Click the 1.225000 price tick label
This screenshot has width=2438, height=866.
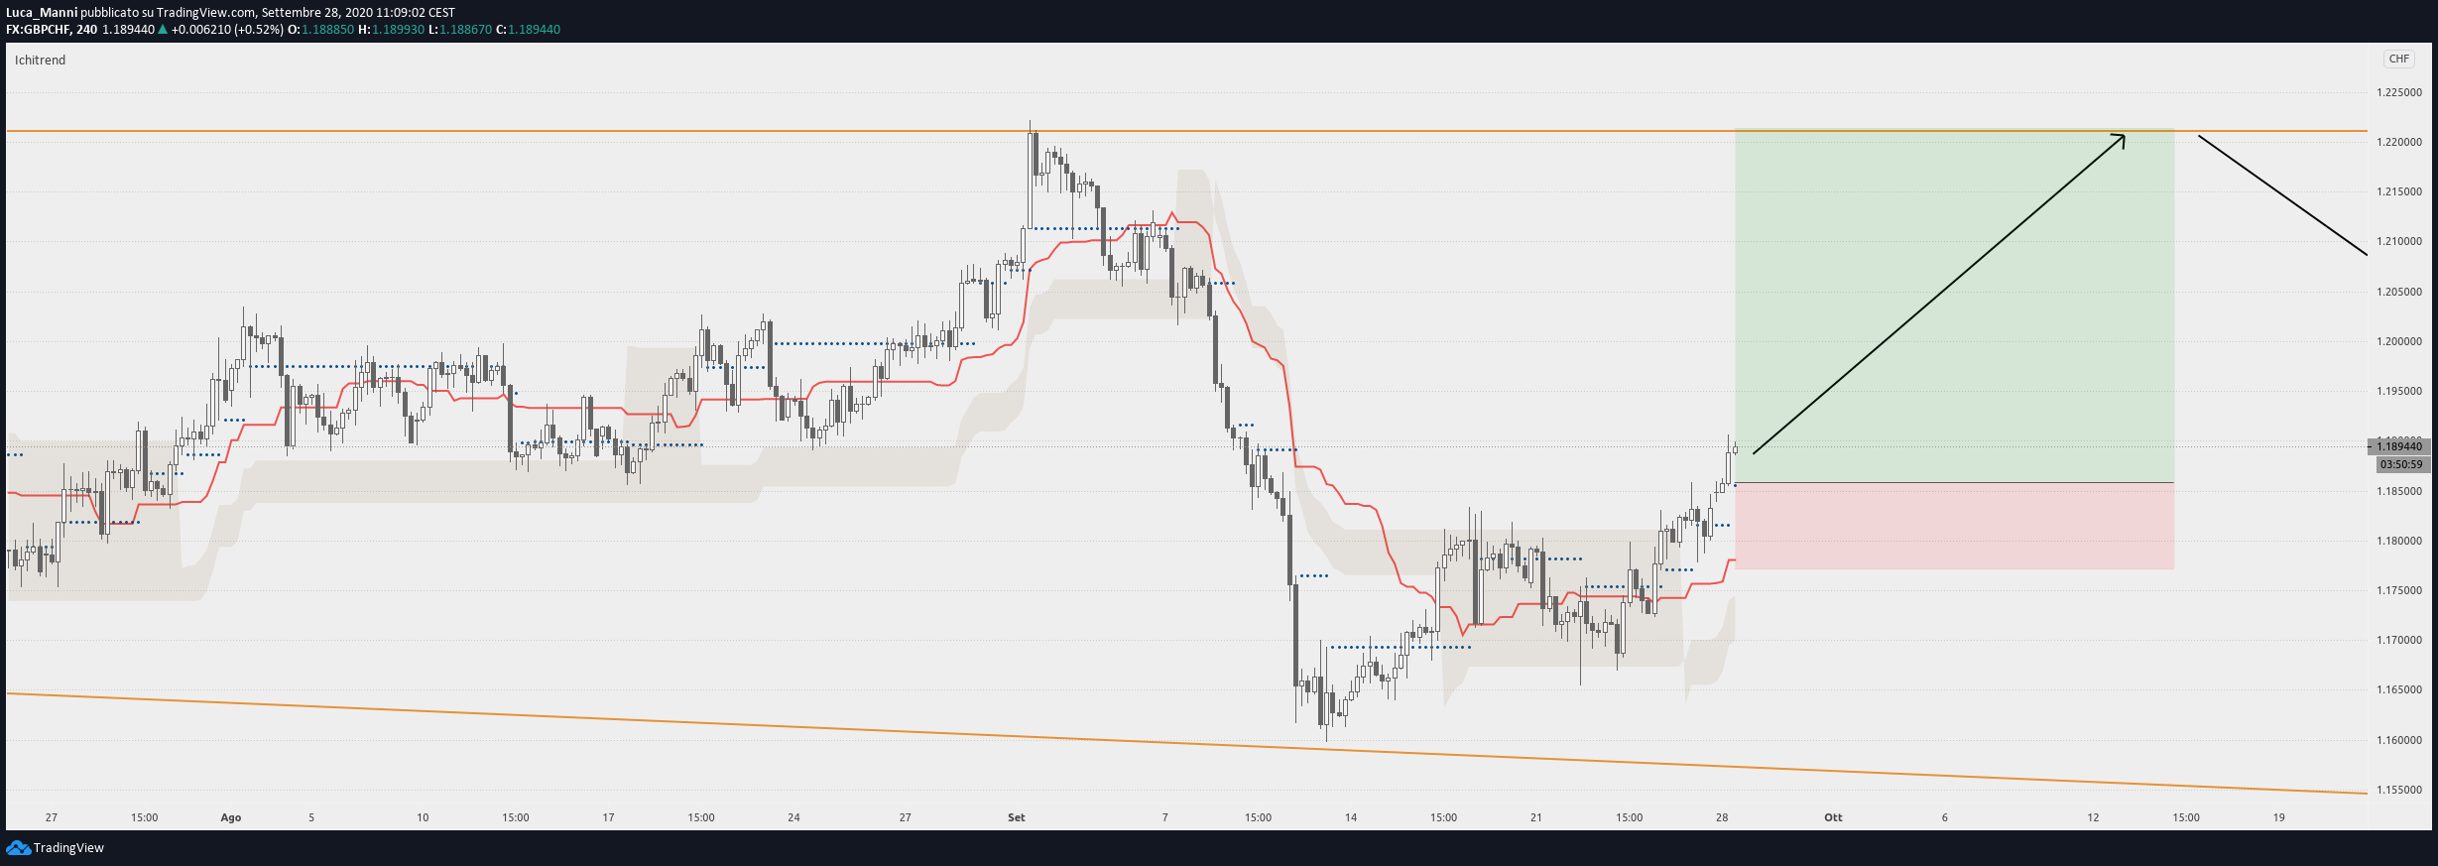click(2398, 92)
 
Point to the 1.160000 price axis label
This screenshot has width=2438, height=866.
click(2398, 740)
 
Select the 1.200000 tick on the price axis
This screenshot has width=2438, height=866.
click(2398, 341)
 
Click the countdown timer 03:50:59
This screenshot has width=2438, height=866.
click(2400, 464)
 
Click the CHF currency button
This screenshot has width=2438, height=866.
click(2398, 59)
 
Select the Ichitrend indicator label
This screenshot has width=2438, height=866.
click(40, 60)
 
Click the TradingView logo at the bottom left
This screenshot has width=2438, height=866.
click(56, 847)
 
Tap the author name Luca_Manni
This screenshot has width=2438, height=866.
click(42, 13)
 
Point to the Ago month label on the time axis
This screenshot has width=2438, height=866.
click(231, 817)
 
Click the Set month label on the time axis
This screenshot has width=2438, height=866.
click(1017, 817)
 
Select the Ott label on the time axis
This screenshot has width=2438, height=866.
click(1833, 817)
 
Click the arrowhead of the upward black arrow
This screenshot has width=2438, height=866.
click(2123, 136)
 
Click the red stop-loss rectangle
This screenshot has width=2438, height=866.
click(1954, 526)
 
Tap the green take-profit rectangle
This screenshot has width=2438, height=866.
click(1954, 306)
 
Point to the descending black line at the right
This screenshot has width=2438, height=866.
click(2282, 194)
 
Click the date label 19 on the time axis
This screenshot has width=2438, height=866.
click(2279, 817)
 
